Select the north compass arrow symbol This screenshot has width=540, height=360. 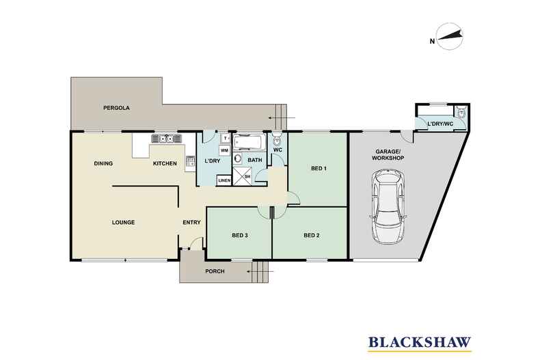[x=449, y=36]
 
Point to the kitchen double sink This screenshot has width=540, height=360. [x=166, y=139]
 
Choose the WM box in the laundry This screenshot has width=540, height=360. [x=224, y=150]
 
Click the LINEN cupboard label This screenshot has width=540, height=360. [x=224, y=180]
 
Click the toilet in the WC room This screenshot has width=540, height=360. [x=277, y=140]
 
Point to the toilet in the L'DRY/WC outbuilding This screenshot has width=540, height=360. [x=461, y=112]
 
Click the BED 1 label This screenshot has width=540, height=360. [x=319, y=168]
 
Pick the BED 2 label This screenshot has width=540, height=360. [x=311, y=236]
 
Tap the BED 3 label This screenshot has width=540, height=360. [x=240, y=236]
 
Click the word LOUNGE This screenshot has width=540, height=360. [x=123, y=222]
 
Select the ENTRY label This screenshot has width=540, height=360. [x=191, y=222]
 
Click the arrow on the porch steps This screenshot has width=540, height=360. [x=260, y=271]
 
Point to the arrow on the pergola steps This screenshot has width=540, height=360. [x=282, y=118]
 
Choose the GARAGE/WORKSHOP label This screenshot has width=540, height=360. [x=390, y=154]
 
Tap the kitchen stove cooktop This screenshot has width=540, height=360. [x=190, y=161]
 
